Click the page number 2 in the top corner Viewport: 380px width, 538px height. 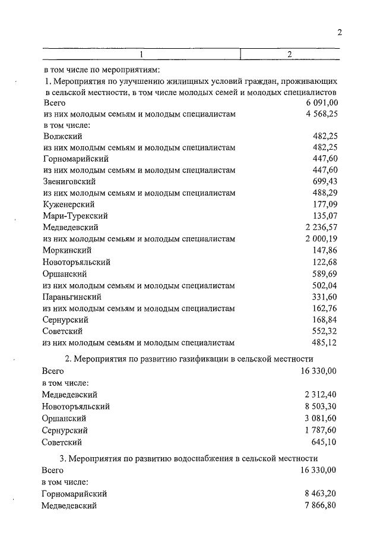click(x=340, y=33)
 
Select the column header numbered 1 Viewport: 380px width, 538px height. click(x=141, y=55)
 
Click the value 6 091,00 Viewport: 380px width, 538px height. click(x=319, y=103)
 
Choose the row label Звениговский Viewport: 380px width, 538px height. click(x=69, y=181)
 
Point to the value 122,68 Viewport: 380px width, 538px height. click(x=325, y=262)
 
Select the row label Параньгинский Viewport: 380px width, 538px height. click(x=72, y=296)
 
